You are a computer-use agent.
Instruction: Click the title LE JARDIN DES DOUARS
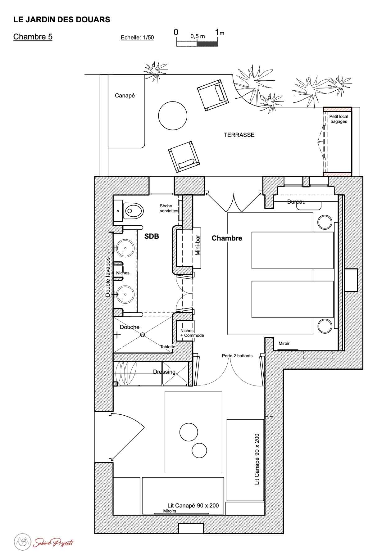(61, 20)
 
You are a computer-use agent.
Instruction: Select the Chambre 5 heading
(33, 37)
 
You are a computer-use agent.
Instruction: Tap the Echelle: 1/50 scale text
(137, 38)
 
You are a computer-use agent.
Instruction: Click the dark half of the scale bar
(207, 43)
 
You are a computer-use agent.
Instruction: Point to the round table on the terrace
(173, 116)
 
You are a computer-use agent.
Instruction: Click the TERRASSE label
(239, 135)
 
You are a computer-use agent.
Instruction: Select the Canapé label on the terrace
(125, 96)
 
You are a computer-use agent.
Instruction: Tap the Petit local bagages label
(339, 119)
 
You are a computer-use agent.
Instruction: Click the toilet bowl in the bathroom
(134, 211)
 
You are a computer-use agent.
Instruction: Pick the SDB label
(152, 237)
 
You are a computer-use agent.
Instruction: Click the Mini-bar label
(198, 245)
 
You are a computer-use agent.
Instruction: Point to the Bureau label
(296, 202)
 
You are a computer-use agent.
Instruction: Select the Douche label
(130, 327)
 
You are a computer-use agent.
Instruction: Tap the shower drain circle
(143, 335)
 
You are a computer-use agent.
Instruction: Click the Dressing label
(164, 372)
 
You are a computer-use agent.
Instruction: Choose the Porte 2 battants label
(237, 356)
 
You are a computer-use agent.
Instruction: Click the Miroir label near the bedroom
(284, 343)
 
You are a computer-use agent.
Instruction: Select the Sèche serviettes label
(169, 208)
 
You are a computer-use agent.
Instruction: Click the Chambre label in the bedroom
(227, 238)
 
